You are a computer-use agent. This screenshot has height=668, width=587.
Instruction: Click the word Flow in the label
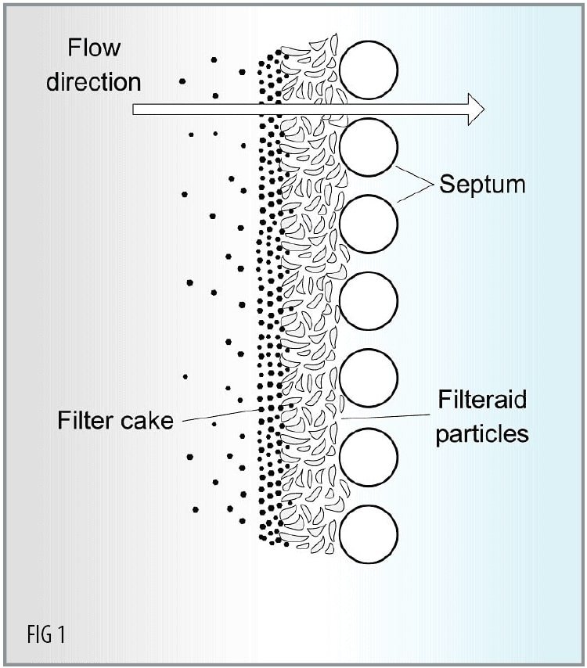93,48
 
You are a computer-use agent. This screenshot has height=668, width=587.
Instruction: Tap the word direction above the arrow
93,81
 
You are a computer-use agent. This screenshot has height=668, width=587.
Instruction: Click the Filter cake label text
114,421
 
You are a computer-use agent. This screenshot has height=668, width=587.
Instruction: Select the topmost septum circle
369,70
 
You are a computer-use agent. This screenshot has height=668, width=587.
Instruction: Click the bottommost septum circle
369,535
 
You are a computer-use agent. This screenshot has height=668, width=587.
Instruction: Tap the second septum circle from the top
369,147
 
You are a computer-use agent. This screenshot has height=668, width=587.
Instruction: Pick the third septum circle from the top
369,224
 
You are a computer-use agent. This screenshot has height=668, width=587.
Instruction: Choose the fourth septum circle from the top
369,302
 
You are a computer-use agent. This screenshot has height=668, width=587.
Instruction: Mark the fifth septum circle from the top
369,379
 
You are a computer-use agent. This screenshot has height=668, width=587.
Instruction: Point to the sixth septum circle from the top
369,458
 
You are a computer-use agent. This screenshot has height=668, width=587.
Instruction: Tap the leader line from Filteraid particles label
384,418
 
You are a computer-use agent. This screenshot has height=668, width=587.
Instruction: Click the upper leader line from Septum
415,174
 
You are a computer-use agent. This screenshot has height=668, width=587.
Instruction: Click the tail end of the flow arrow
138,109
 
